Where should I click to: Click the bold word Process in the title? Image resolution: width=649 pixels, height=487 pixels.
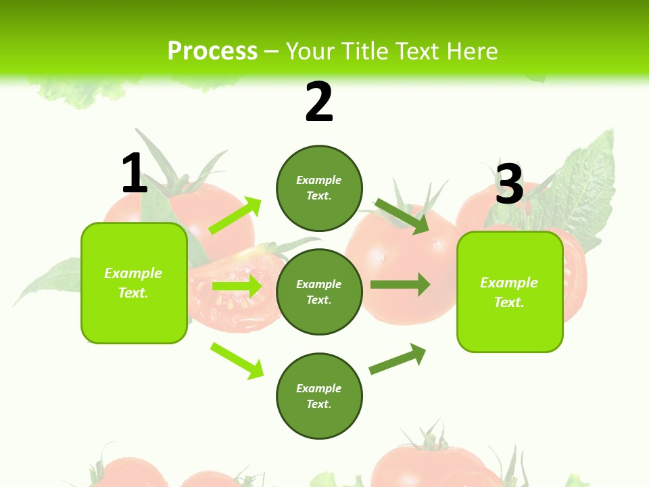tap(212, 51)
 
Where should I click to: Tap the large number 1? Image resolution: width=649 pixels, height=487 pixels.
tap(135, 174)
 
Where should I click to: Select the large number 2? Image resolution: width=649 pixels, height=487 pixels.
tap(319, 102)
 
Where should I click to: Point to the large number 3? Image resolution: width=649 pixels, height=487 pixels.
tap(510, 184)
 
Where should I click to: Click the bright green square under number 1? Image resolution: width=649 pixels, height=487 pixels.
tap(134, 283)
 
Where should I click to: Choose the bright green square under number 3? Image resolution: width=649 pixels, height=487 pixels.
tap(510, 292)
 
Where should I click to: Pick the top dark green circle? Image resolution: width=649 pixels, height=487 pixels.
tap(319, 188)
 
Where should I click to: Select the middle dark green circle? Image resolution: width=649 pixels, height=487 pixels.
tap(319, 292)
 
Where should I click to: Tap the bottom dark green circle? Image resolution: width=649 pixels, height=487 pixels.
tap(319, 396)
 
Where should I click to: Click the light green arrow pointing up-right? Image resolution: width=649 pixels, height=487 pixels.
tap(235, 216)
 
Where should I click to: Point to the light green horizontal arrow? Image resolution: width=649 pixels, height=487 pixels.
tap(237, 286)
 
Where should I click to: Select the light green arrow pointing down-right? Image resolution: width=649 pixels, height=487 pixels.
tap(237, 361)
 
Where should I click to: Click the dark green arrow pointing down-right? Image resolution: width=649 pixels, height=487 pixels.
tap(402, 216)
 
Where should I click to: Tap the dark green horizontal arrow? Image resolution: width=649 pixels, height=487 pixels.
tap(400, 284)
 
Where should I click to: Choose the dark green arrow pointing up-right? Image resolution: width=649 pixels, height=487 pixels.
tap(398, 358)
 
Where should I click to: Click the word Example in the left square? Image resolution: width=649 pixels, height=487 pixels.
tap(133, 273)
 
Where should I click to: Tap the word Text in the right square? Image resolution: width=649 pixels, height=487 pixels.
tap(508, 302)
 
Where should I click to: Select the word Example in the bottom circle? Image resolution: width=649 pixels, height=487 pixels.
tap(319, 388)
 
